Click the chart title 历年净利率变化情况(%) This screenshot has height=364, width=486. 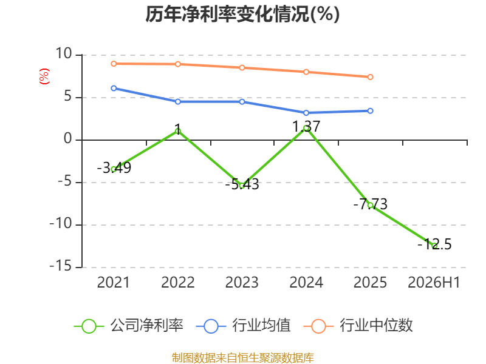click(242, 14)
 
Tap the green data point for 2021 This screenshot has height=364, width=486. click(114, 169)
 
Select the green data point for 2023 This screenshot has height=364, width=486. click(242, 186)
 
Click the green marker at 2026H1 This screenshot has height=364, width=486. click(434, 246)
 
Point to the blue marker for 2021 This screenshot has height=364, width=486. click(114, 88)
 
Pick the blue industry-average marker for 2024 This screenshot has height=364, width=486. click(306, 113)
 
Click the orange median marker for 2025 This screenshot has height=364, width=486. click(371, 77)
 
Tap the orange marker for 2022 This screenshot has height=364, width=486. click(178, 64)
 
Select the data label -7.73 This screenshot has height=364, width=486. click(371, 204)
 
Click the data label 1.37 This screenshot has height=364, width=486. click(306, 127)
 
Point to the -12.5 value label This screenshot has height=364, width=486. click(434, 244)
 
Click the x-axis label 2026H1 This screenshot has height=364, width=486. click(434, 283)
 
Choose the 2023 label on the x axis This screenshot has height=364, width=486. click(242, 283)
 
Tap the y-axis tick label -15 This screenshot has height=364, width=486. click(61, 266)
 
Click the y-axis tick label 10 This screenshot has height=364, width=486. click(64, 53)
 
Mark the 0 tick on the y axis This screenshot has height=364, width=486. click(68, 139)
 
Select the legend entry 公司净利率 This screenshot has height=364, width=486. click(128, 326)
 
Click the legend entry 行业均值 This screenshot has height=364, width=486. click(244, 326)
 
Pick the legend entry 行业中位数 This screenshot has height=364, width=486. click(358, 326)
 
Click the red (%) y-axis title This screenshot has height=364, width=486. click(44, 76)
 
